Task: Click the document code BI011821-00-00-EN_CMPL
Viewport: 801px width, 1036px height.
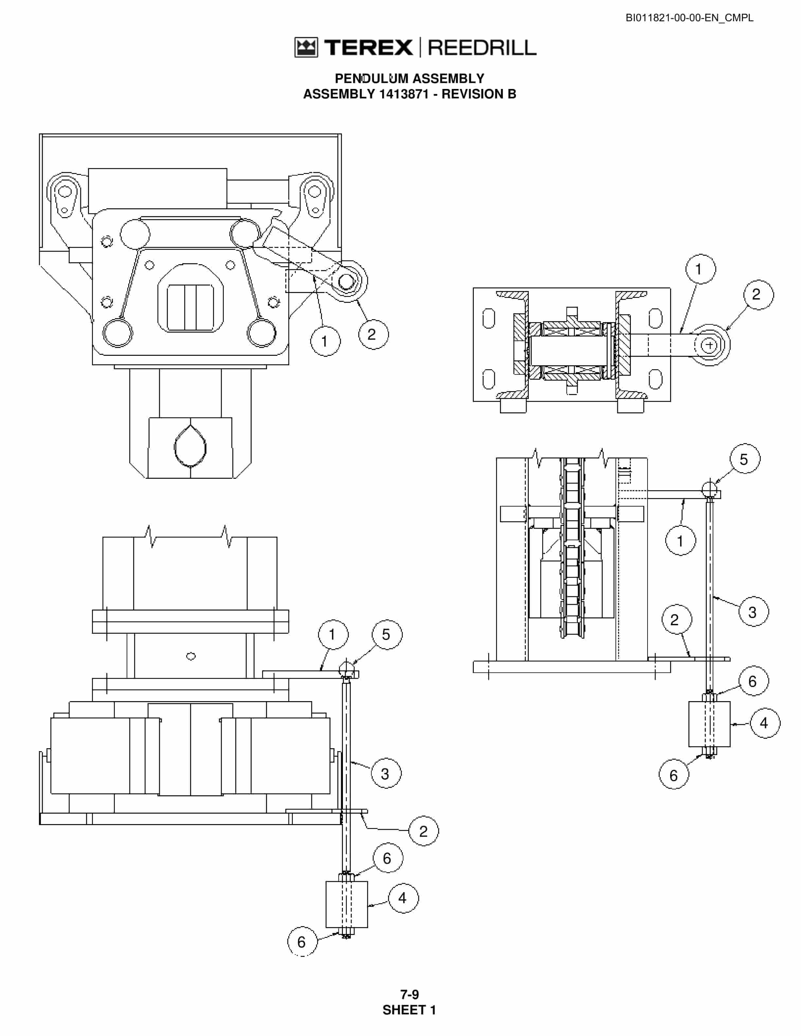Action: [689, 18]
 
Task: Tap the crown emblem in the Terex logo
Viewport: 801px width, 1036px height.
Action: [306, 47]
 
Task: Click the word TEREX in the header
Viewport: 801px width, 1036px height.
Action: [368, 47]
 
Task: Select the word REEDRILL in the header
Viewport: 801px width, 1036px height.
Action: [482, 47]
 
